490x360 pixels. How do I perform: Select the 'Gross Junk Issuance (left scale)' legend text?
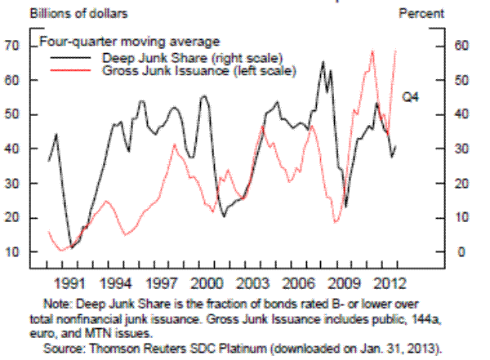pos(199,71)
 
